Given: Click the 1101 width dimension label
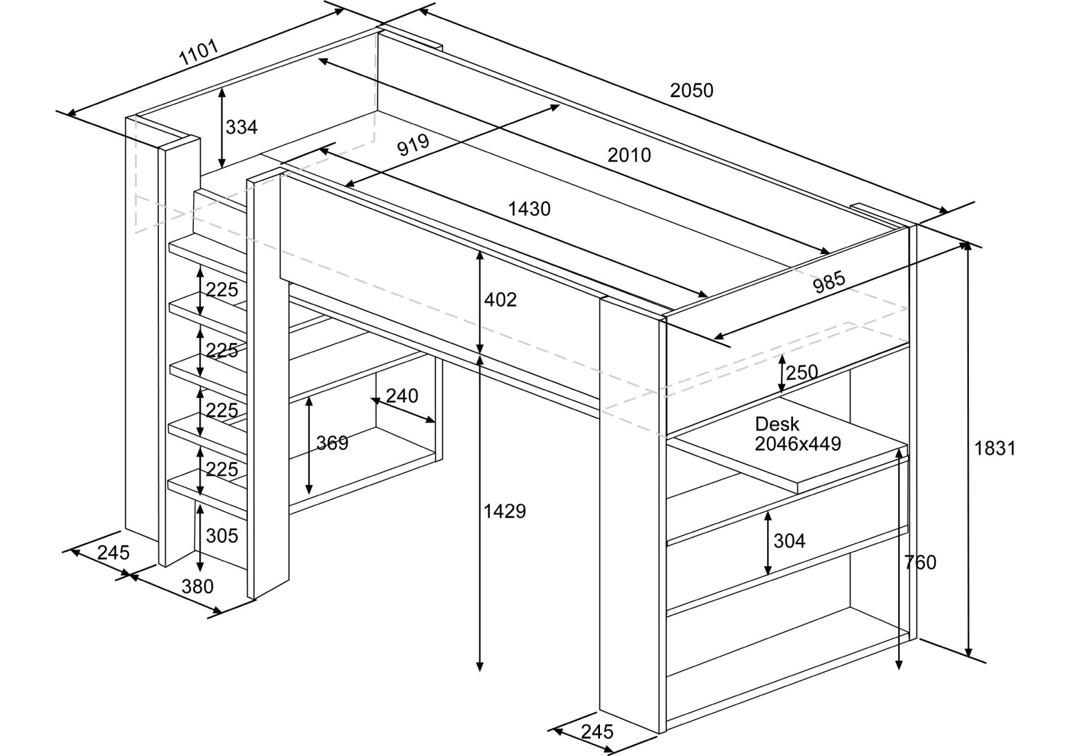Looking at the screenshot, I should (198, 53).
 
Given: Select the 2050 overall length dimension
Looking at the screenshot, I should (692, 90).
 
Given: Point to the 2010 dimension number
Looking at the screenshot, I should (629, 155).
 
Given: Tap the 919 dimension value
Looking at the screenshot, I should (412, 145).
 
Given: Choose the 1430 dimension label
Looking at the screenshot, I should (529, 209).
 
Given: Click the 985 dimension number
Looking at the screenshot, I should (829, 283).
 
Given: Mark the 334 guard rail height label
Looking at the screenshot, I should (241, 127).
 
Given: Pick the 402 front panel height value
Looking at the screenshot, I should (500, 299).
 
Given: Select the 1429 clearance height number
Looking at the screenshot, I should (504, 511).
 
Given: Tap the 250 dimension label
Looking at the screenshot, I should (802, 372).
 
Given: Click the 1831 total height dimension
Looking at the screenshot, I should (995, 449).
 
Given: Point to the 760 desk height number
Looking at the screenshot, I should (920, 563).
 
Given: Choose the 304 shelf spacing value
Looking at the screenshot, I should (789, 540).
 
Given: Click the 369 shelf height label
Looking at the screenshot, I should (332, 443).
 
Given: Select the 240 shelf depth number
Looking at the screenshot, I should (402, 396).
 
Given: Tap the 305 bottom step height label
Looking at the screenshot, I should (222, 535).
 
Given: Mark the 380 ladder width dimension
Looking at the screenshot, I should (198, 586).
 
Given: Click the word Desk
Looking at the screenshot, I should (777, 424).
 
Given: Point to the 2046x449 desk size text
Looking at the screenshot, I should (798, 443).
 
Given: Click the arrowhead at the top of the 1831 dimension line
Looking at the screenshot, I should (965, 245).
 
